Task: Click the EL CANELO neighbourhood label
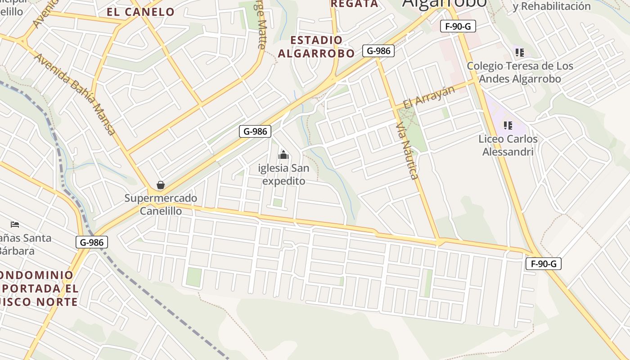[x=140, y=12]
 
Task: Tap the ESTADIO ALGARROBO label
[x=316, y=47]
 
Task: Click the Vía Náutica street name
[x=408, y=151]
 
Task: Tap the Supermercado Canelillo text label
[x=161, y=204]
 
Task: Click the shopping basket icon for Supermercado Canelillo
[x=161, y=185]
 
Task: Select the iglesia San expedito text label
[x=283, y=175]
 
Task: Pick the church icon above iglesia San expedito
[x=283, y=156]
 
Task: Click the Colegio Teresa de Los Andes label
[x=520, y=72]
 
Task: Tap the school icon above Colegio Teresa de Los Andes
[x=520, y=53]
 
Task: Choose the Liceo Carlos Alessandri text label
[x=508, y=145]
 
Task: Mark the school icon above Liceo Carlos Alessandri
[x=508, y=126]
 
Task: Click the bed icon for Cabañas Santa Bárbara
[x=15, y=224]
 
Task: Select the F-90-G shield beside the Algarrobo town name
[x=458, y=26]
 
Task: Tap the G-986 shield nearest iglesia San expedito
[x=255, y=131]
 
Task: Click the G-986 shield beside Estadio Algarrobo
[x=378, y=50]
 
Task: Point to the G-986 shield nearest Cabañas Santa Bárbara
[x=91, y=242]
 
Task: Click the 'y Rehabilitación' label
[x=551, y=6]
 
